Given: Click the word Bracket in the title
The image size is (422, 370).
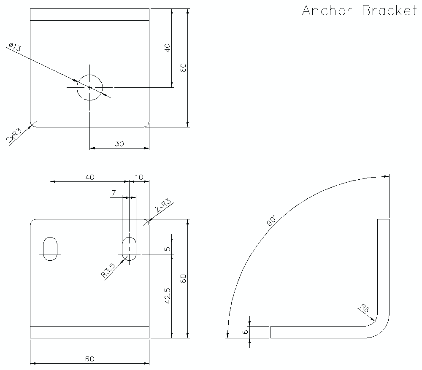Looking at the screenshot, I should click(390, 11).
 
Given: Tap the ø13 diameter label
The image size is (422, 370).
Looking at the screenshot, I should click(14, 47).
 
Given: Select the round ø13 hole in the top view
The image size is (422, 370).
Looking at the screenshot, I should click(89, 87).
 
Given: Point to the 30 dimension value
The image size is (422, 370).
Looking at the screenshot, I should click(119, 143).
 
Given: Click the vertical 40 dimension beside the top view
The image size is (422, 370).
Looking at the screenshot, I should click(168, 48).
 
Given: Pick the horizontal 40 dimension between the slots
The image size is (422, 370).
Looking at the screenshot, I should click(89, 178).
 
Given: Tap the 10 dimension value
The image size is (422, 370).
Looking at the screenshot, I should click(139, 178).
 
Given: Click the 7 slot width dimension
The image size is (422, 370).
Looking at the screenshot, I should click(113, 193).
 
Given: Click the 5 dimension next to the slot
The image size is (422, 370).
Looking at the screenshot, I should click(168, 249).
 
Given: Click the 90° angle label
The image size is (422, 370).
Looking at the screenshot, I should click(271, 221).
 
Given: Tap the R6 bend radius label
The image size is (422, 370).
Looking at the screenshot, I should click(365, 308).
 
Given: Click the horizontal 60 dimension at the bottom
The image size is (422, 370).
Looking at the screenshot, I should click(89, 359).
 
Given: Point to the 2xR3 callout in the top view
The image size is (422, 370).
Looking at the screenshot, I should click(14, 136).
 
